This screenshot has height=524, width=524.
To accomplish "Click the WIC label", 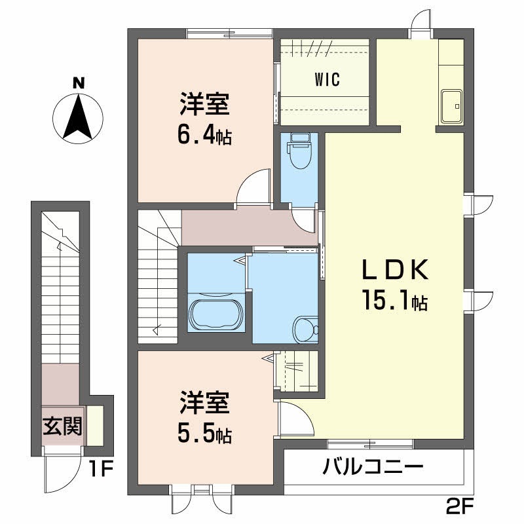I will click(x=326, y=81).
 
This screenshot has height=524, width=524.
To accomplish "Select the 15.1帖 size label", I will click(x=395, y=301).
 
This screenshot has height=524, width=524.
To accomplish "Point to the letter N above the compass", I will click(x=78, y=84).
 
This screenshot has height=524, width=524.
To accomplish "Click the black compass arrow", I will click(x=78, y=117).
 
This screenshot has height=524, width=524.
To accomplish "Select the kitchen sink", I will click(x=451, y=105).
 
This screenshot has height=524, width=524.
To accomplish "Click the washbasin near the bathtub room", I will click(x=306, y=329).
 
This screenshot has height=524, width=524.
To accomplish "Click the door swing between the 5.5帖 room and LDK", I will click(x=293, y=419).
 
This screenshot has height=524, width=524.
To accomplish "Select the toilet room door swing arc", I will click(x=303, y=220).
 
